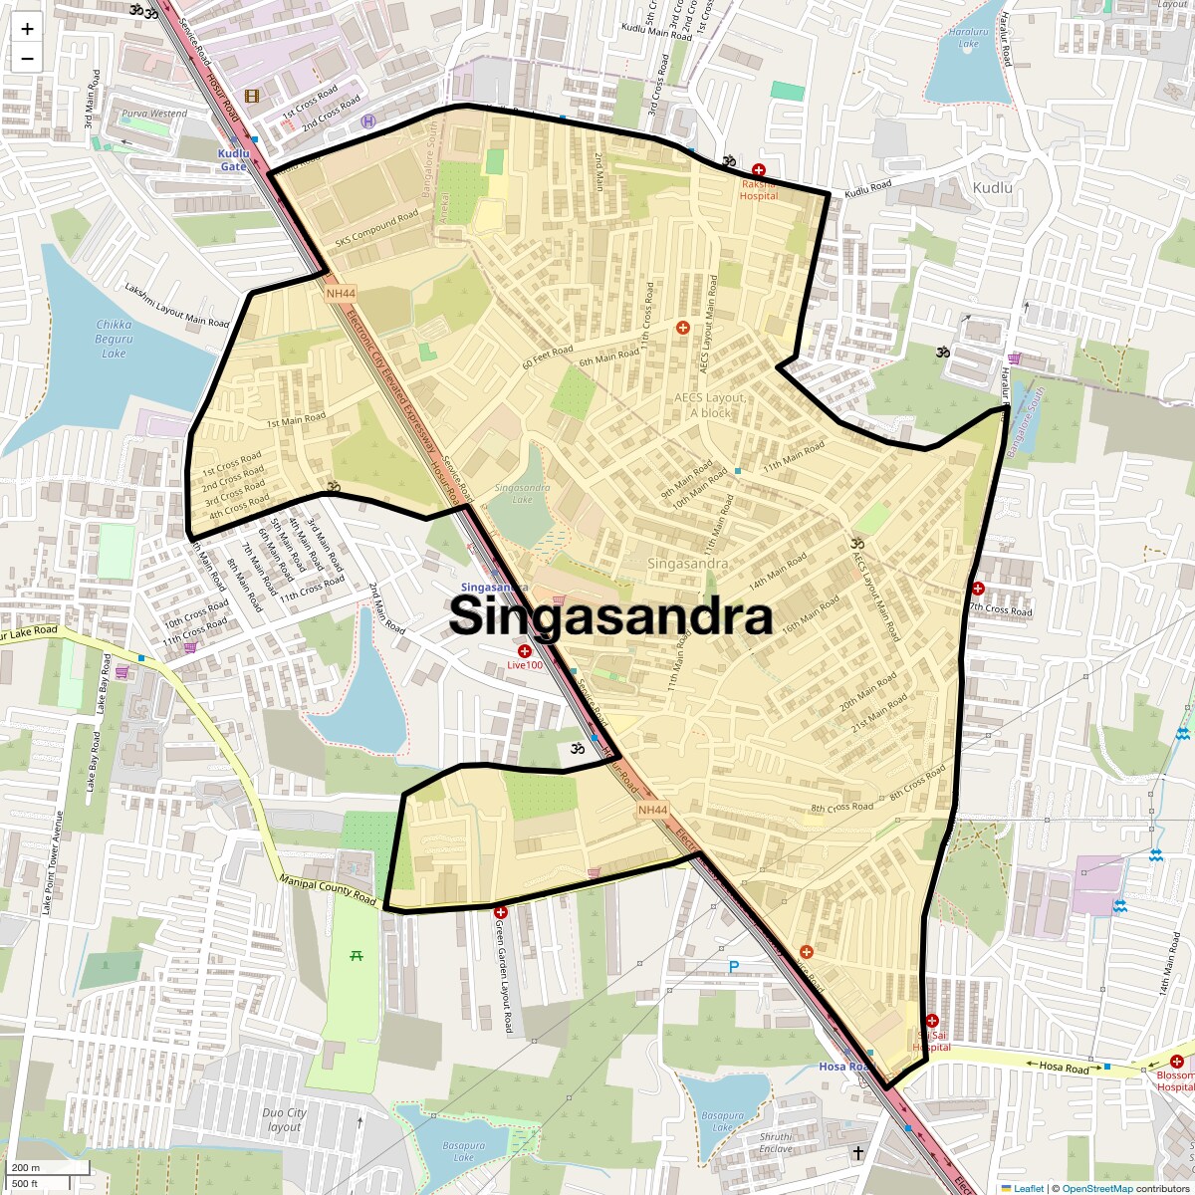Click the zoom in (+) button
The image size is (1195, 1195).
(27, 29)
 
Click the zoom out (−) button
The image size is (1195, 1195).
(27, 58)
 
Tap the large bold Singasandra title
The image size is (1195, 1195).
(610, 616)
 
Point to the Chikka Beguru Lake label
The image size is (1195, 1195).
(114, 339)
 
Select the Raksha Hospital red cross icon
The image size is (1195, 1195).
(759, 170)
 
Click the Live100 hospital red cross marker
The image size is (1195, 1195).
(525, 650)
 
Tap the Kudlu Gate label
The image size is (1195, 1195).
(233, 160)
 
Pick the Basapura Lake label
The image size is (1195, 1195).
(463, 1151)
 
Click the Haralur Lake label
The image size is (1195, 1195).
(968, 38)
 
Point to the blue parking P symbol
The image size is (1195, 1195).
(735, 966)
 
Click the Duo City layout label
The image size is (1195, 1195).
(284, 1119)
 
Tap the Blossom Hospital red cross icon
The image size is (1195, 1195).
(1177, 1062)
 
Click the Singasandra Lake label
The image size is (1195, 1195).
(522, 493)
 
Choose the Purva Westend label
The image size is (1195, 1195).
(154, 114)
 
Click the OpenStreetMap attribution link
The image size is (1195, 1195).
(1096, 1188)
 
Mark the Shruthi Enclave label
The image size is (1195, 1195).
(776, 1142)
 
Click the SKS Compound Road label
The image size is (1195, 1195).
(376, 228)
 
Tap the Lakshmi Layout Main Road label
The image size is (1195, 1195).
(176, 305)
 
